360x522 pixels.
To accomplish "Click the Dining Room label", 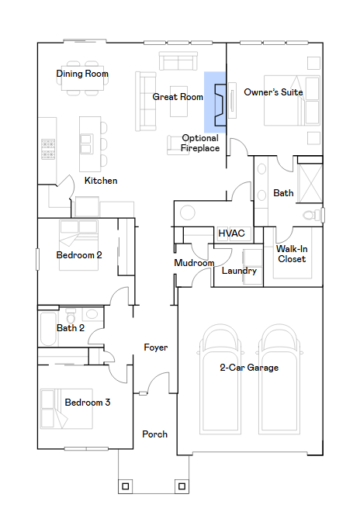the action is [x=82, y=74].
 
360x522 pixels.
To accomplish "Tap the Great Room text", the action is [x=178, y=97].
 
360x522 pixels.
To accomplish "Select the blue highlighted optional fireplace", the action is [x=215, y=102].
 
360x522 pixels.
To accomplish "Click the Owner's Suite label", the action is [x=273, y=92].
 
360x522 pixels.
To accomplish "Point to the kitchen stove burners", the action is [x=48, y=149].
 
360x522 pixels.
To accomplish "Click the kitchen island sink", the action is [x=86, y=143].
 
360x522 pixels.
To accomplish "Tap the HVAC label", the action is [x=231, y=233].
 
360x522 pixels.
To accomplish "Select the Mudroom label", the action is [x=194, y=263].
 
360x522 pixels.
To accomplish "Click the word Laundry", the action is [x=239, y=271].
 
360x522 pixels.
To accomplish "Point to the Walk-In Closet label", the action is [x=292, y=254].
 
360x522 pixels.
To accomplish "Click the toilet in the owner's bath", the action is [x=313, y=215].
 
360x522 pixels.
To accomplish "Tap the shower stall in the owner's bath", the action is [x=310, y=183].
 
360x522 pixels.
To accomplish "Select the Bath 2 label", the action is [x=71, y=328].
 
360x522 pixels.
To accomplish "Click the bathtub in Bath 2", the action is [x=48, y=329].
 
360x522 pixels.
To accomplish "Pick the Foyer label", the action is [x=155, y=347].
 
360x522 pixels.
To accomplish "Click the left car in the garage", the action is [x=220, y=379].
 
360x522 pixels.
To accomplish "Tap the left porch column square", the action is [x=125, y=486].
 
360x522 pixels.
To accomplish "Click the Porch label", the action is [x=155, y=434].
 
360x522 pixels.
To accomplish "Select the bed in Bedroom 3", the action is [x=66, y=409].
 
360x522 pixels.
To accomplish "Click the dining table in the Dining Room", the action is [x=82, y=78].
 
